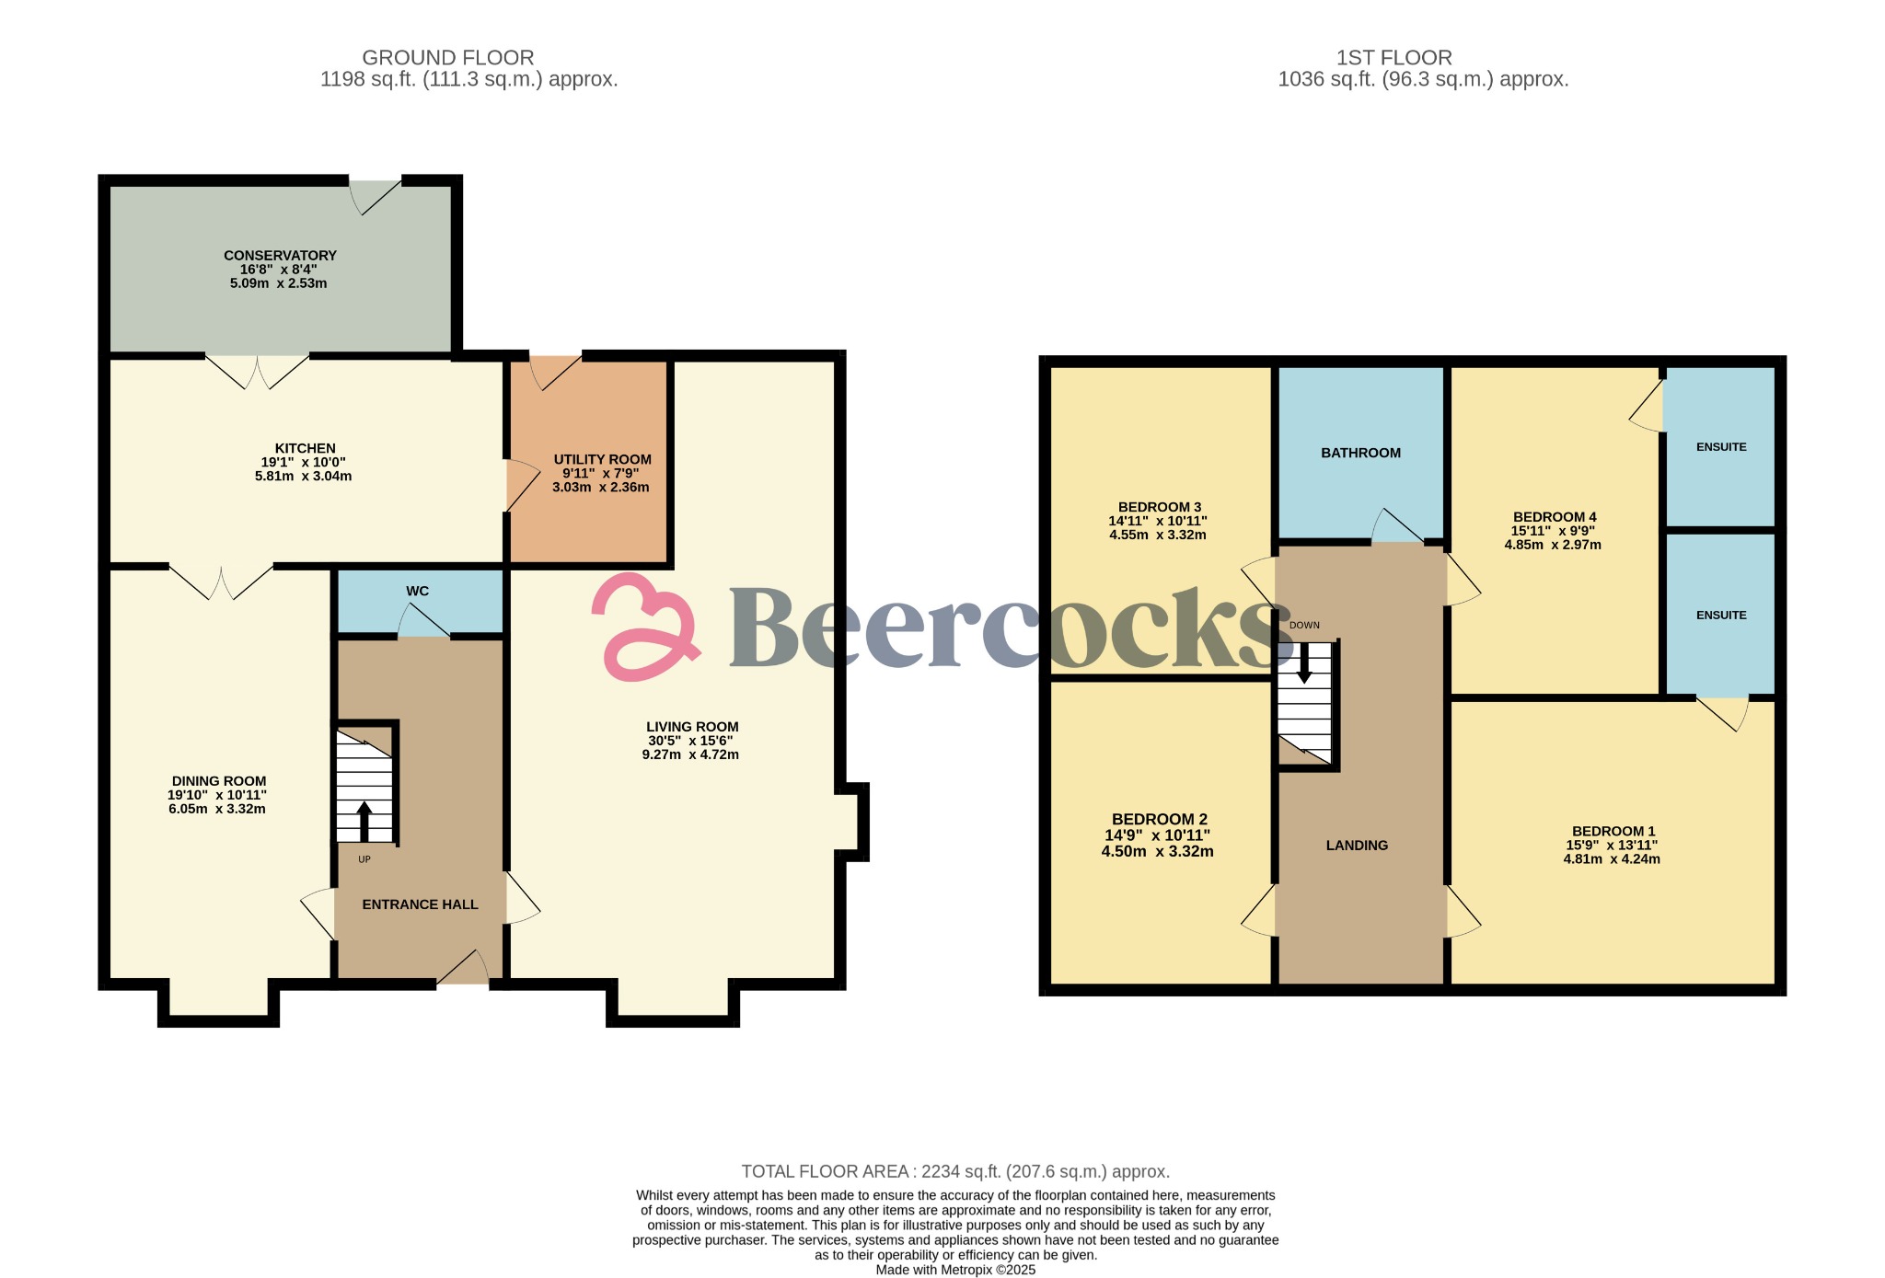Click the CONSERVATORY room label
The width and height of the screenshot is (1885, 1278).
pyautogui.click(x=280, y=256)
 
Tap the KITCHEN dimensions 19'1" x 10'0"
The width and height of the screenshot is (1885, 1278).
pyautogui.click(x=303, y=463)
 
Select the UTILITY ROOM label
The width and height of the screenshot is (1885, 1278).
pyautogui.click(x=602, y=459)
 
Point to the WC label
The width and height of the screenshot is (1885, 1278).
pyautogui.click(x=417, y=592)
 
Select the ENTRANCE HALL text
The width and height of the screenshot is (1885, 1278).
pyautogui.click(x=420, y=904)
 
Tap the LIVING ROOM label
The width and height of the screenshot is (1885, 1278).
pyautogui.click(x=691, y=727)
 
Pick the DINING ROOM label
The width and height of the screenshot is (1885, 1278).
pyautogui.click(x=219, y=781)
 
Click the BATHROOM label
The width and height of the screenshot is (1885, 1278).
pyautogui.click(x=1360, y=453)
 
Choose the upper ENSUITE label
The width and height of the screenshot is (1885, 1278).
pyautogui.click(x=1720, y=447)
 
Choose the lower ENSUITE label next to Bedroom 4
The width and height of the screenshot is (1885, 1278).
pyautogui.click(x=1720, y=616)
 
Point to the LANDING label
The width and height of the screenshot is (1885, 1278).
pyautogui.click(x=1357, y=846)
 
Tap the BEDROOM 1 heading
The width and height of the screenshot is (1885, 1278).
pyautogui.click(x=1613, y=831)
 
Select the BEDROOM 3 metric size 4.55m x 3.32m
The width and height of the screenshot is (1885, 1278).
pyautogui.click(x=1157, y=535)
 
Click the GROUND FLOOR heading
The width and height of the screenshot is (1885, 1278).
pyautogui.click(x=447, y=57)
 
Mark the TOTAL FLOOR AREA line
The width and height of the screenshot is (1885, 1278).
pyautogui.click(x=955, y=1171)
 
